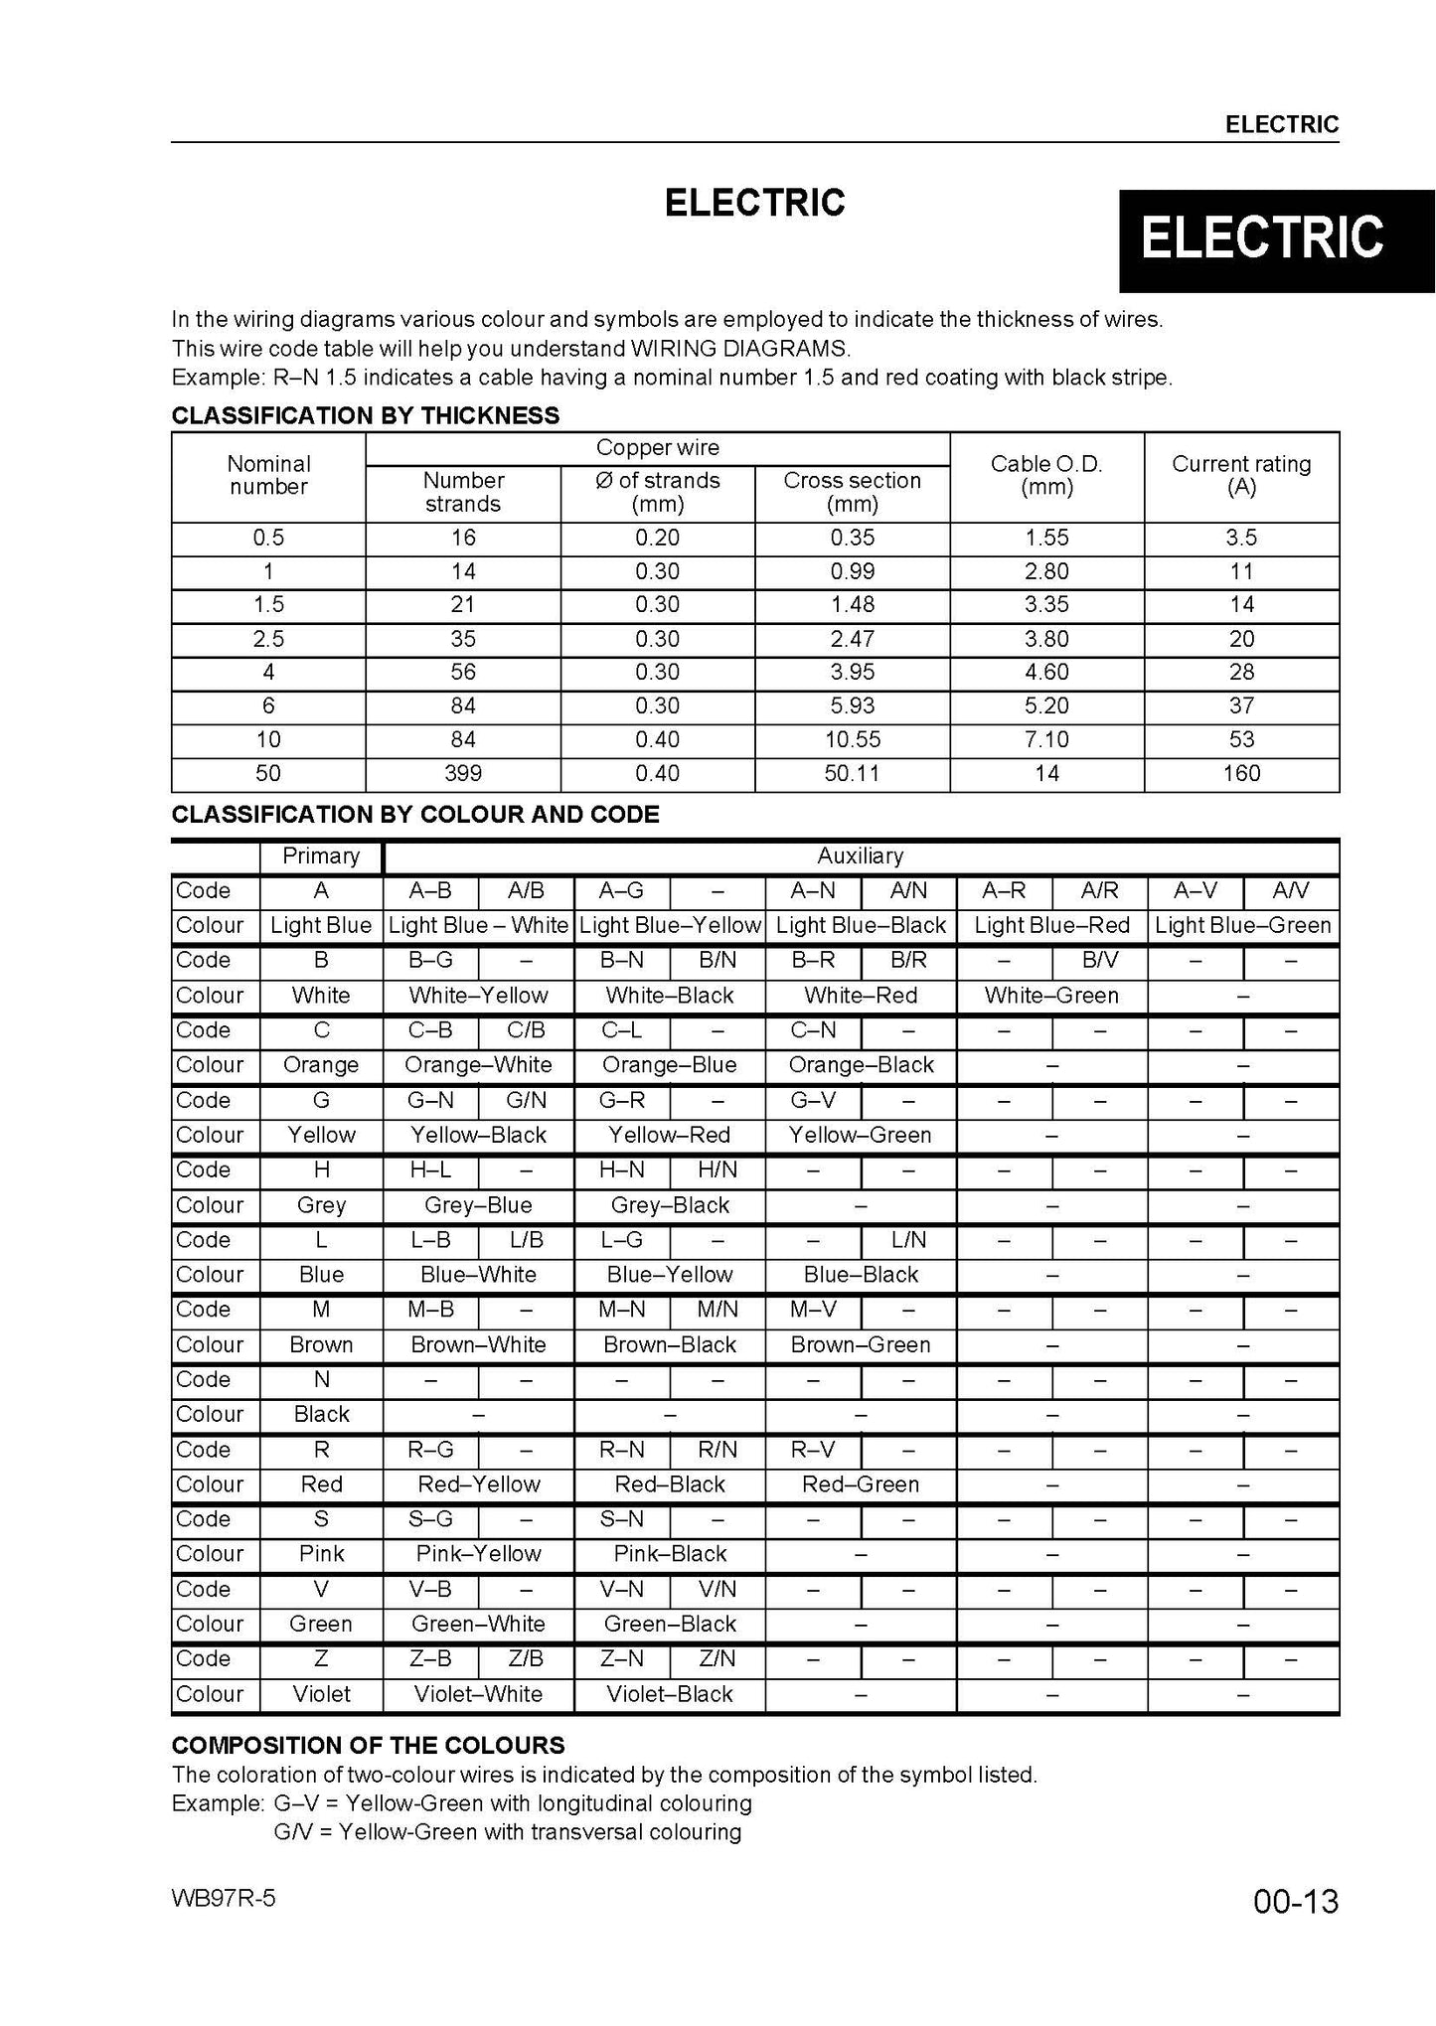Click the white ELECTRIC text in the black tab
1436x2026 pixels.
pos(1262,238)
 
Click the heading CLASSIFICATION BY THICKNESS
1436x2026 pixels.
pos(366,415)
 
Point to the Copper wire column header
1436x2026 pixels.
pos(657,448)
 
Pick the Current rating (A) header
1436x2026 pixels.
pos(1241,475)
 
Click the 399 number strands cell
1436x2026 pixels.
pos(463,773)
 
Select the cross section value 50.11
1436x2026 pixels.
pos(852,773)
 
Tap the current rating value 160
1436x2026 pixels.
pos(1241,773)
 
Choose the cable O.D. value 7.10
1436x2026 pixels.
pos(1046,739)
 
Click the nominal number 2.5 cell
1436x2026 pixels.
pos(268,638)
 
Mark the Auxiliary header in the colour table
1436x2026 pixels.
pos(860,856)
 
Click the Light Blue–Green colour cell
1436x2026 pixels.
pos(1242,925)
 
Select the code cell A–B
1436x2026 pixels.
pos(430,890)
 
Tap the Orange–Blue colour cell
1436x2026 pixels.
pos(670,1065)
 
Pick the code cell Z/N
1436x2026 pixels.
pos(717,1658)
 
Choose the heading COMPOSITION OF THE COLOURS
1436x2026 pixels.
pos(368,1745)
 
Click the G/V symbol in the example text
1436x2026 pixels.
pos(295,1831)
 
